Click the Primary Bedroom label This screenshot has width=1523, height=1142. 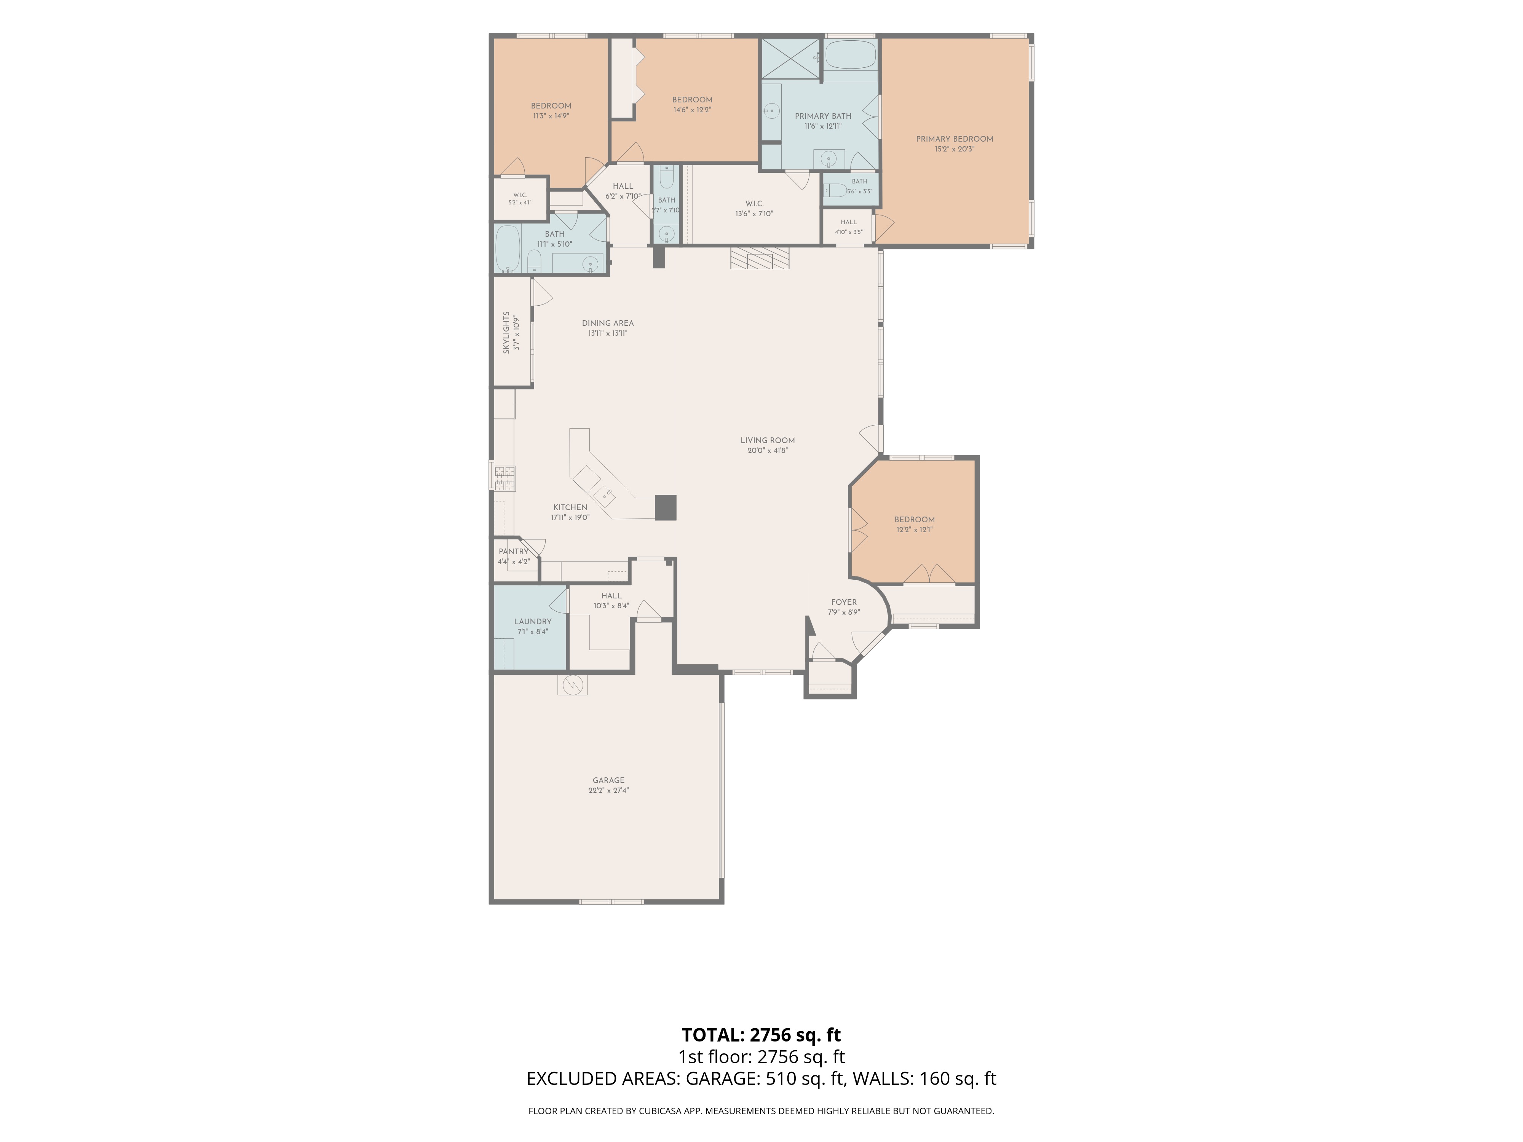coord(954,139)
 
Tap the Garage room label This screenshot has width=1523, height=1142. coord(609,781)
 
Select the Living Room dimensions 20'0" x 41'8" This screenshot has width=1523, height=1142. coord(768,451)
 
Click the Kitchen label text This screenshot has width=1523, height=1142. coord(570,507)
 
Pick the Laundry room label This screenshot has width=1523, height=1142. coord(533,622)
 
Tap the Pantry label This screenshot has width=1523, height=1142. coord(514,551)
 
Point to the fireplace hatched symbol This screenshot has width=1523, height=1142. coord(760,259)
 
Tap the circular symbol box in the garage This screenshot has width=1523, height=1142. coord(572,685)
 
